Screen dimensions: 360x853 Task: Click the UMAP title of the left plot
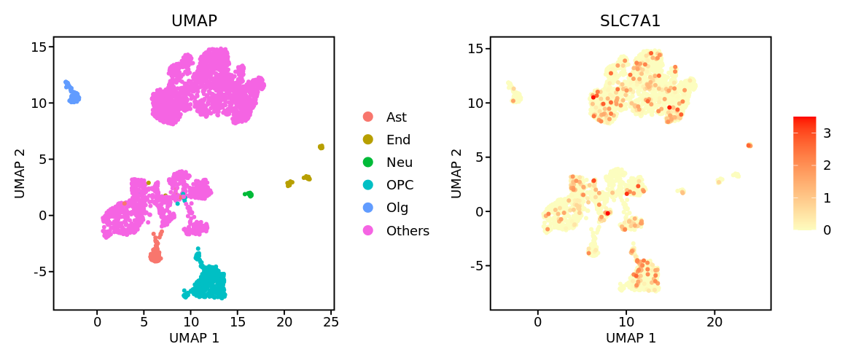coord(194,21)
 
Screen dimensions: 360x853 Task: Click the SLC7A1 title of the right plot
coord(630,21)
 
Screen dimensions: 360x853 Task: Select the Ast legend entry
coord(397,117)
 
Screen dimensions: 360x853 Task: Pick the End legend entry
coord(398,140)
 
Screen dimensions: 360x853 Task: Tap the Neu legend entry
coord(400,163)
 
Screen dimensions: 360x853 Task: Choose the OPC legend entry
coord(400,185)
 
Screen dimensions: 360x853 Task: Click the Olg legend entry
coord(397,208)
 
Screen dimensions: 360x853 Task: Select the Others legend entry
coord(408,231)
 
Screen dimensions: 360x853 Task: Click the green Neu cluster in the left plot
coord(249,195)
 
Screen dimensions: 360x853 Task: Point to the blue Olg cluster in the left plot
coord(74,96)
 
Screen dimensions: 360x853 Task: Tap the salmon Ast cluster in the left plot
coord(155,256)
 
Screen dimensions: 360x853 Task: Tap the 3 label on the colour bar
coord(827,133)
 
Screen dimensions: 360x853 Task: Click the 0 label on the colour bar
coord(827,230)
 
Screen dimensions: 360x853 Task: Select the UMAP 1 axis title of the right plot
coord(631,338)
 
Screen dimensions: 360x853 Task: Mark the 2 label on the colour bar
coord(827,165)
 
